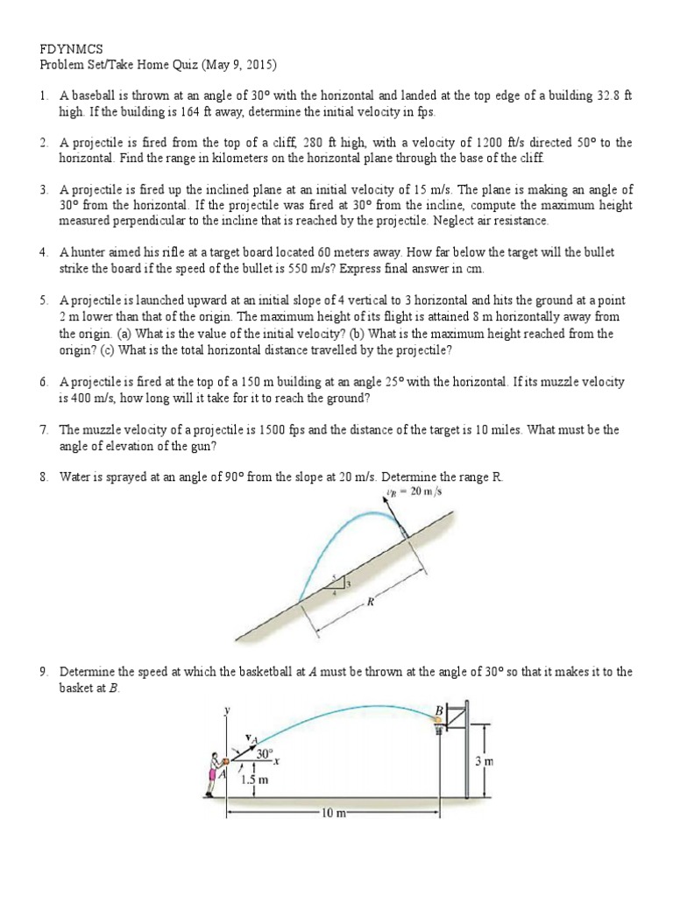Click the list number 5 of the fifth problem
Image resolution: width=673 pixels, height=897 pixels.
(x=43, y=300)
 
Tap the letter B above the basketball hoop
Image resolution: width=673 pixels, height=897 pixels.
(x=440, y=709)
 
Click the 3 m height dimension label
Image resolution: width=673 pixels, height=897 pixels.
(x=484, y=762)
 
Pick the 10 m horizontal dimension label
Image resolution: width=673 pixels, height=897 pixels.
(x=333, y=814)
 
